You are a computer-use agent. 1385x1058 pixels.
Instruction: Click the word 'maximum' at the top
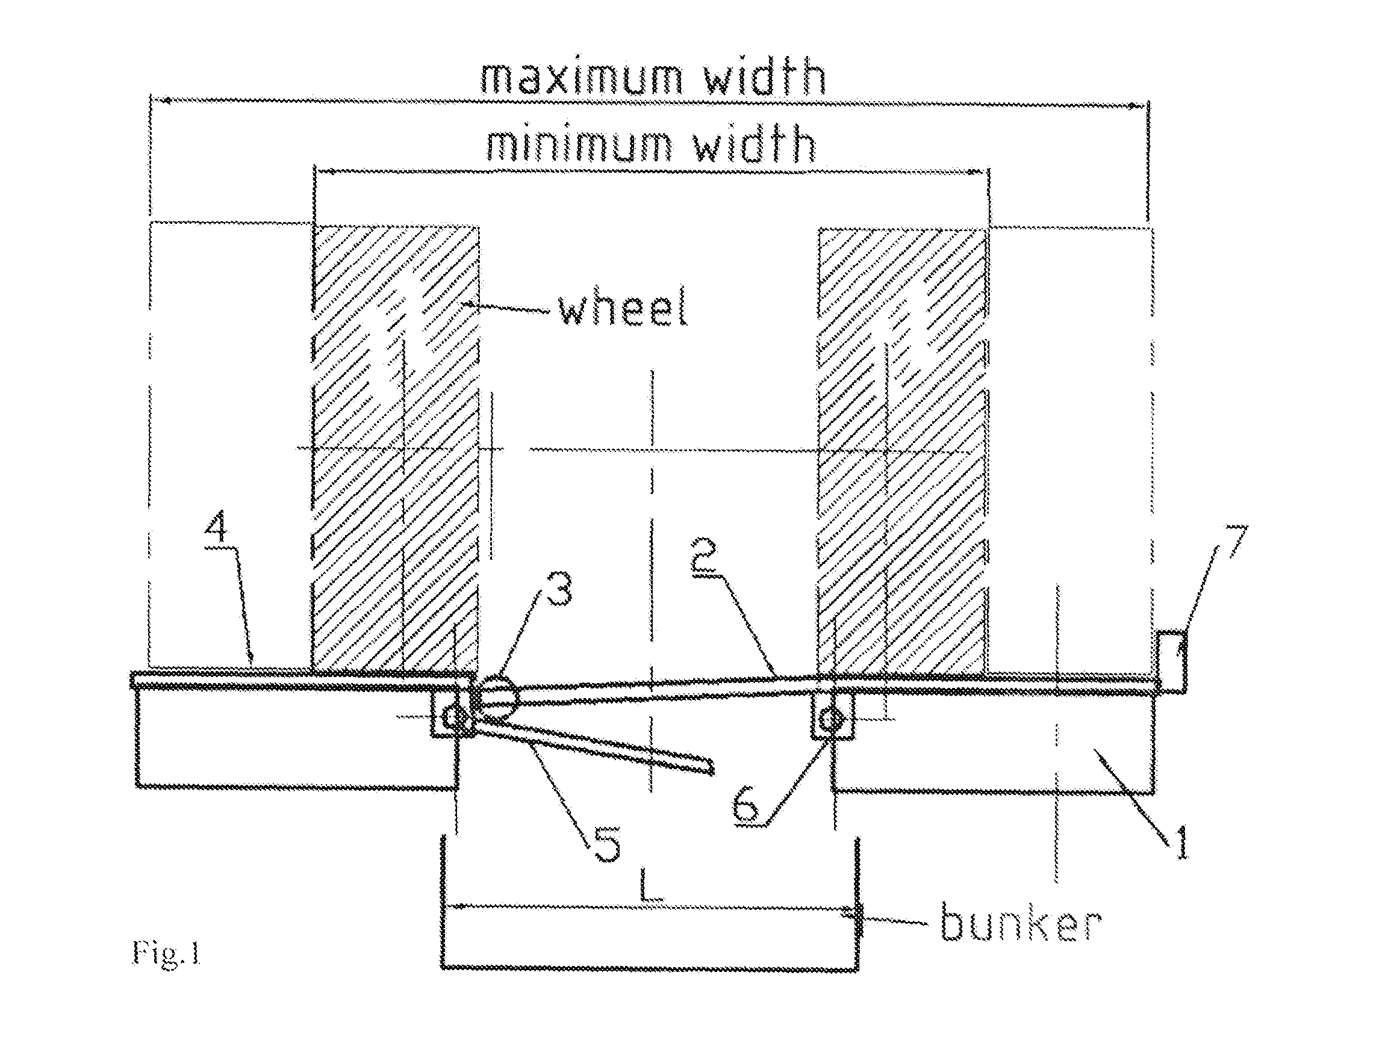coord(580,78)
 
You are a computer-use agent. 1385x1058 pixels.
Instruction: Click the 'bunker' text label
coord(1021,923)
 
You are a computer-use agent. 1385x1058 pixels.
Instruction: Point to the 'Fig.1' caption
coord(166,952)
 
